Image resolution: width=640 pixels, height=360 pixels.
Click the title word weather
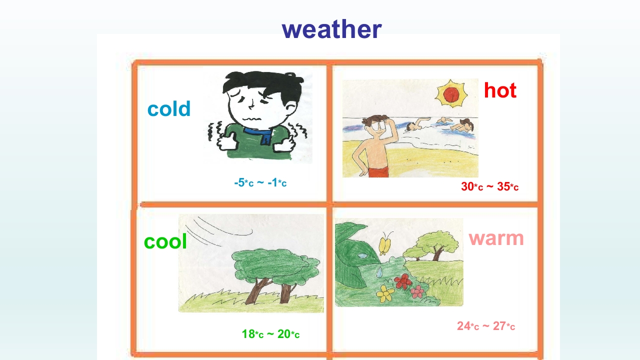coord(331,29)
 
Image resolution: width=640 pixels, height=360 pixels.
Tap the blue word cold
coord(169,108)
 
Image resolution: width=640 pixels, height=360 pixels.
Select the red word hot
coord(500,90)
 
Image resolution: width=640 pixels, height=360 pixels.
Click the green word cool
coord(165,241)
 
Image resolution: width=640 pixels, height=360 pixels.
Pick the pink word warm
coord(496,238)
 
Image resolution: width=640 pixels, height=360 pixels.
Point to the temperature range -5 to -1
coord(260,182)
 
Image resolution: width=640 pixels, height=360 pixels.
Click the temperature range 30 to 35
coord(489,186)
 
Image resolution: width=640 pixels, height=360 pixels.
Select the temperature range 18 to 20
coord(270,334)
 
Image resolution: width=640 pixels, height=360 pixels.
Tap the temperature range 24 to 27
coord(486,326)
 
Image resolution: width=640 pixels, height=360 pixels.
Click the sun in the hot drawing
coord(451,93)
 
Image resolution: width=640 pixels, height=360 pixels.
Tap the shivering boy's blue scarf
coord(258,135)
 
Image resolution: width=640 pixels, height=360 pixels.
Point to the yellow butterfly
coord(384,245)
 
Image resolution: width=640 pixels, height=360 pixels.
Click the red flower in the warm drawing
coord(403,281)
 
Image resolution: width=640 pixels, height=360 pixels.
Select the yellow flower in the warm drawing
coord(385,293)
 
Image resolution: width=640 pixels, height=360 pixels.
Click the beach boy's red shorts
coord(378,172)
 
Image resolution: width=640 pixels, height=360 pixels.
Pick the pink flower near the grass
coord(417,291)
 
